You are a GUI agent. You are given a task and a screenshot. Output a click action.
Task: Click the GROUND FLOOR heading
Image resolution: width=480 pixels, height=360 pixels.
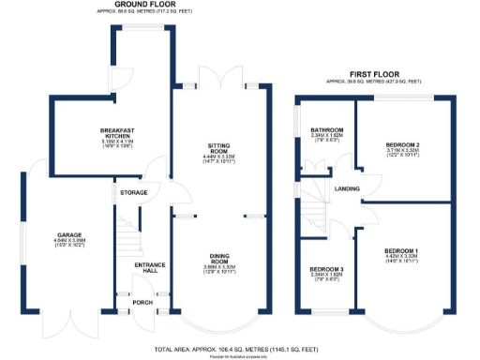click(146, 5)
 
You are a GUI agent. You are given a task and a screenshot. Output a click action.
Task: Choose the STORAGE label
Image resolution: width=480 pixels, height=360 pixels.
click(127, 193)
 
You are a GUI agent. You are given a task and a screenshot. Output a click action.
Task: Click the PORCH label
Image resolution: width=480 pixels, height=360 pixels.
click(142, 302)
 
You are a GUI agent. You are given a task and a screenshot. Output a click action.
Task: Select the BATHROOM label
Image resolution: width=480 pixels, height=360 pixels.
click(327, 129)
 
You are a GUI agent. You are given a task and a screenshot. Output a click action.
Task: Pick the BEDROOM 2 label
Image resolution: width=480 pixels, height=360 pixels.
click(406, 142)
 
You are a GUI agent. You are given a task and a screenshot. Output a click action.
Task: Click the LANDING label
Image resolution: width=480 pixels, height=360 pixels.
click(349, 189)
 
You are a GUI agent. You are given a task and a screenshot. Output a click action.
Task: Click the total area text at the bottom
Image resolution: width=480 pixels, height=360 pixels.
click(238, 348)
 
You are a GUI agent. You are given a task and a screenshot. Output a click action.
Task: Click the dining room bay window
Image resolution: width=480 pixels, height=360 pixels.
click(223, 323)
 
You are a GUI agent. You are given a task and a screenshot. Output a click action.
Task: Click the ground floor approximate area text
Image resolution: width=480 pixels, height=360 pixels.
click(146, 12)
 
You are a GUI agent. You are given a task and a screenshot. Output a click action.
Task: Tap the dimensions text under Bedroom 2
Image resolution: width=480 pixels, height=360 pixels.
click(406, 155)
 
